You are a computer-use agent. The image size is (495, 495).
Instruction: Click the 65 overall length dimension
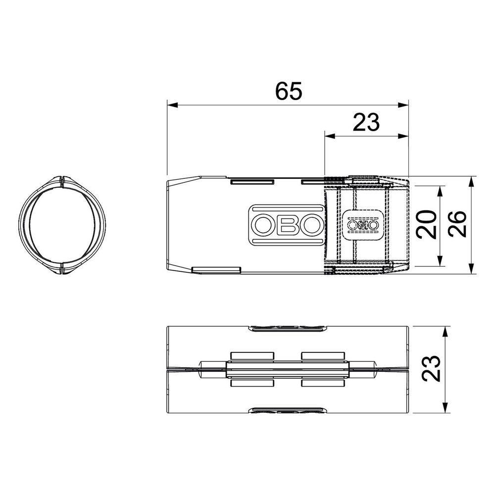click(289, 91)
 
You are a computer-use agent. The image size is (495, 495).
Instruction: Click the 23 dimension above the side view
click(366, 122)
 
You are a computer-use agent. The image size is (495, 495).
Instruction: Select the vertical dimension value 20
click(427, 224)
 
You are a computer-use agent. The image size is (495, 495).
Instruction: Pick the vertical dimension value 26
click(457, 224)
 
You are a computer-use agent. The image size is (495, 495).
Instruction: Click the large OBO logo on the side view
click(287, 225)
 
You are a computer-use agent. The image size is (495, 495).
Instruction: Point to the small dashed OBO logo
click(363, 225)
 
